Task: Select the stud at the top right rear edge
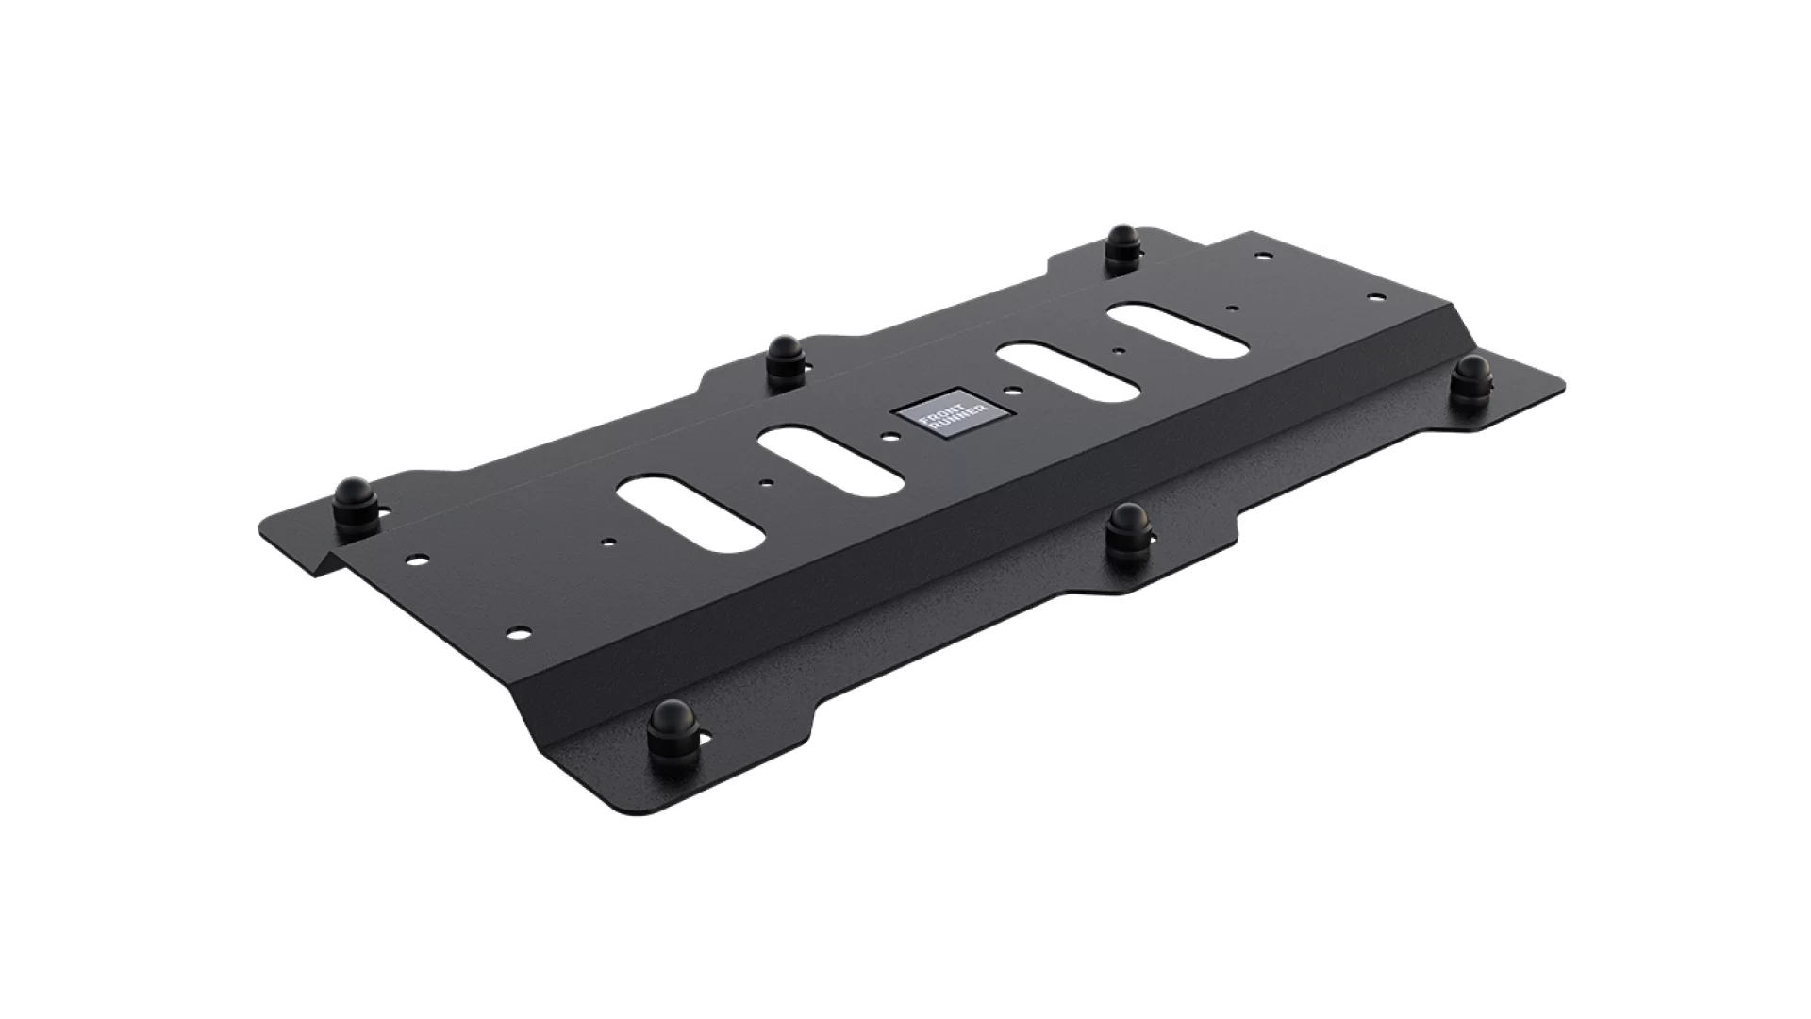(1122, 248)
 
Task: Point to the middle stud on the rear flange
(784, 358)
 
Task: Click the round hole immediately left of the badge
(889, 435)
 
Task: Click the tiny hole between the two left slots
(772, 482)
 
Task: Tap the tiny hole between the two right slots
(1118, 350)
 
